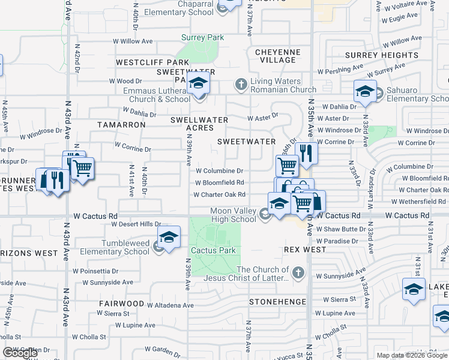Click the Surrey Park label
[203, 37]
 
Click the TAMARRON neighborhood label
[121, 125]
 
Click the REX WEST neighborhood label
[304, 250]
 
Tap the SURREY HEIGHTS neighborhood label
[382, 55]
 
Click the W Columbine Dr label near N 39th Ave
[218, 171]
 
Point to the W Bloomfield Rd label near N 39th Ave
[219, 182]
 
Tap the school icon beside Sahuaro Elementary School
[364, 92]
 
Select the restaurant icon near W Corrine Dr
[306, 154]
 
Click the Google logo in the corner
[20, 353]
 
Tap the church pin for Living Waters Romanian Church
[241, 83]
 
